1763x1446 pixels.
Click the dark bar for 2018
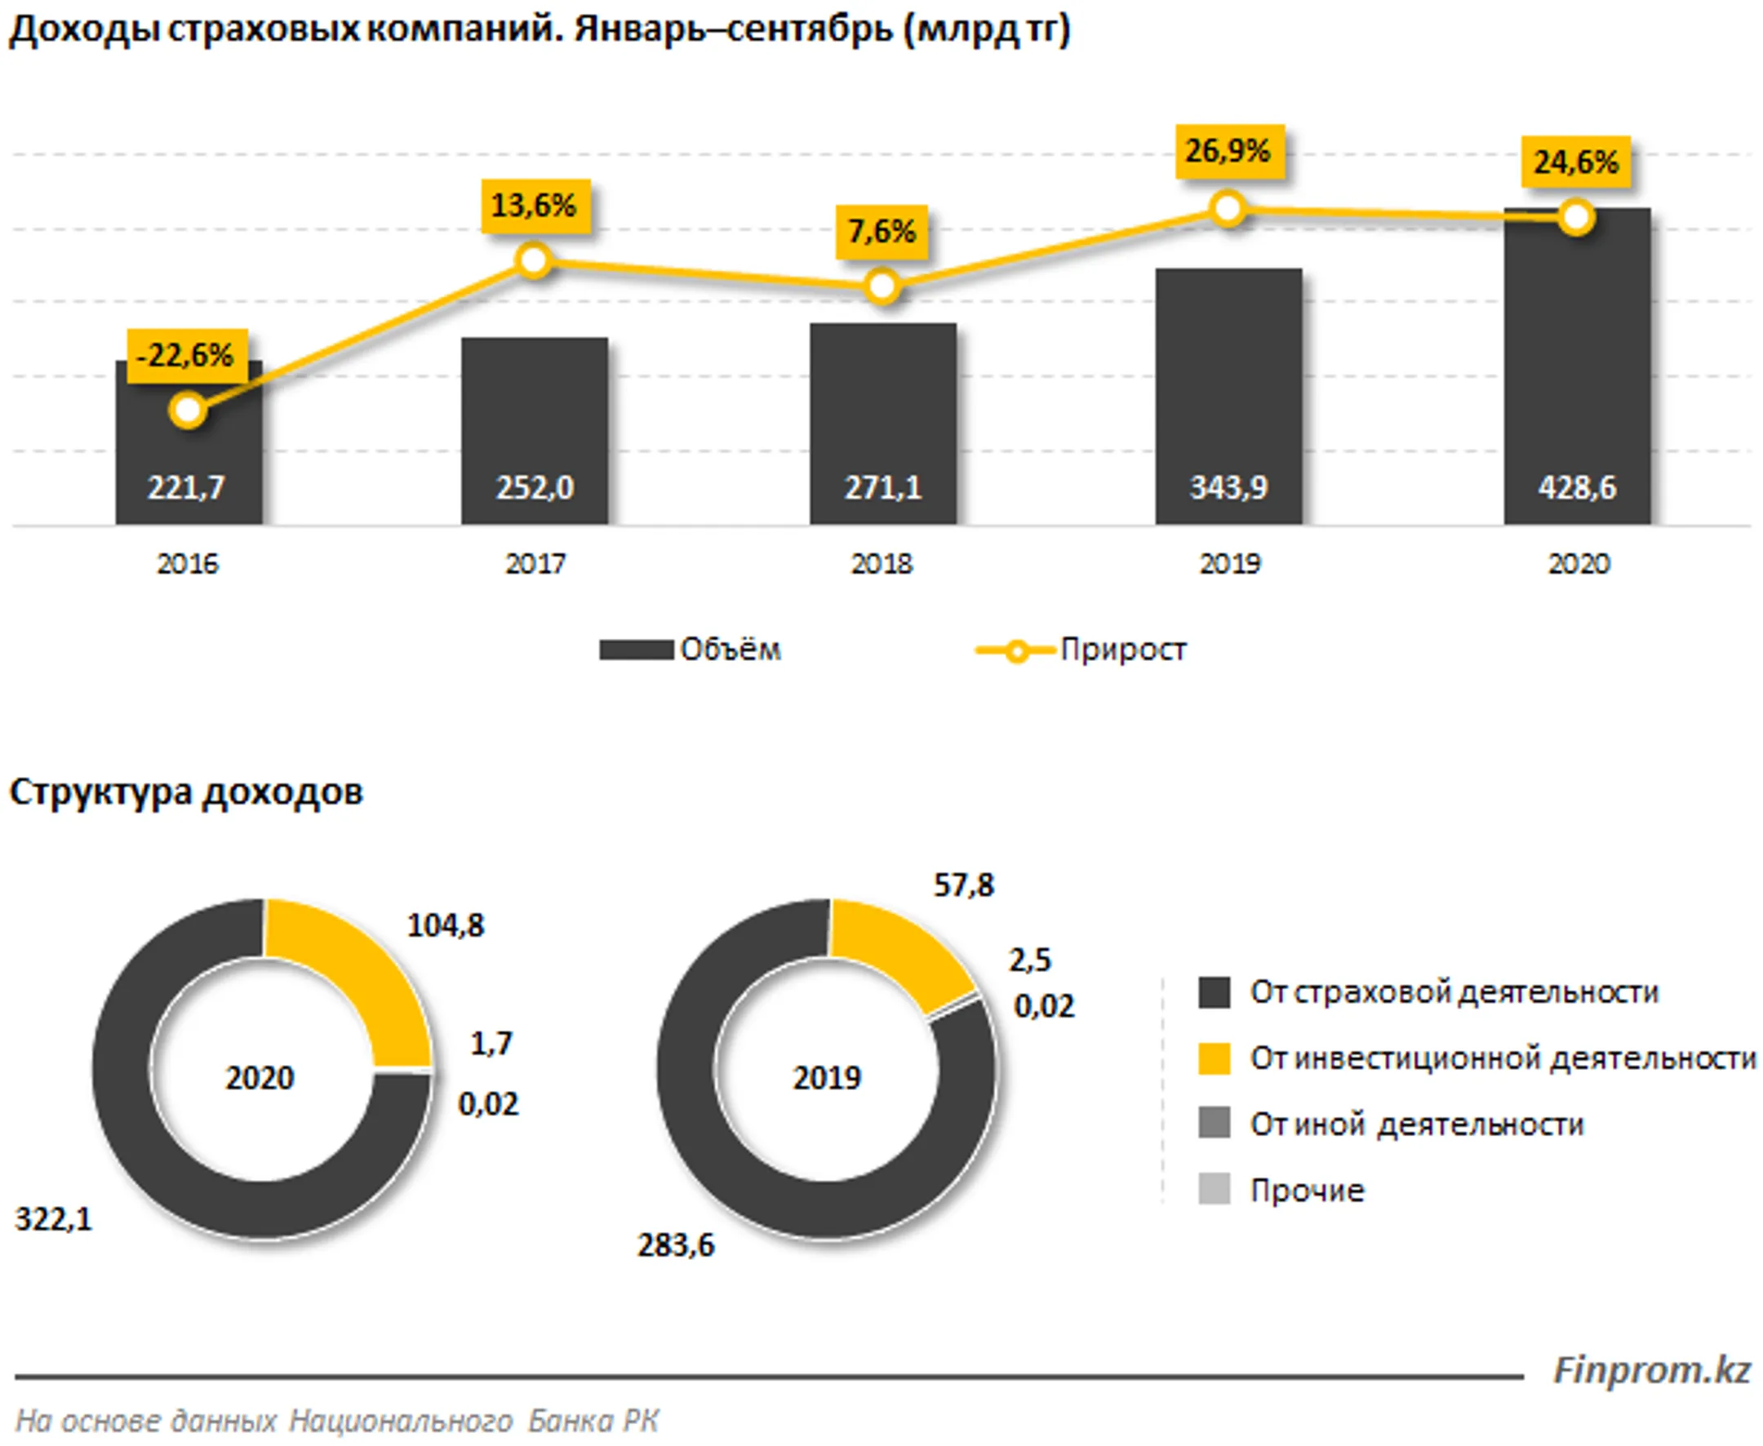coord(882,424)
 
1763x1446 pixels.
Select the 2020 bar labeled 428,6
coord(1576,366)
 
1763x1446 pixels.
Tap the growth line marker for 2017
coord(533,259)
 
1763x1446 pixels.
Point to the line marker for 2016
coord(188,410)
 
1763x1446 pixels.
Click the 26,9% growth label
coord(1229,152)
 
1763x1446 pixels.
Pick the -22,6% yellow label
coord(187,356)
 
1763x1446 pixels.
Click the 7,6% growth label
coord(881,232)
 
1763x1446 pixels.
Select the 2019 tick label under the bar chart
coord(1230,564)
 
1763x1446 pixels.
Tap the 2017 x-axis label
coord(535,564)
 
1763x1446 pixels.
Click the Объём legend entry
coord(690,649)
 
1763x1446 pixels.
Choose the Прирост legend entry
coord(1081,649)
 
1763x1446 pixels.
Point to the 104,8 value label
coord(445,925)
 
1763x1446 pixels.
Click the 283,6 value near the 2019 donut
coord(676,1245)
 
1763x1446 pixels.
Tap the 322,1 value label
coord(53,1219)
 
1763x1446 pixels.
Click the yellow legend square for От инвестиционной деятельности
coord(1214,1058)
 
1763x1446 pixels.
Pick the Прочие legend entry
coord(1281,1191)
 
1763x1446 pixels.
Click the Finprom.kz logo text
coord(1652,1370)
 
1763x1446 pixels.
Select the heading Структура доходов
coord(186,792)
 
